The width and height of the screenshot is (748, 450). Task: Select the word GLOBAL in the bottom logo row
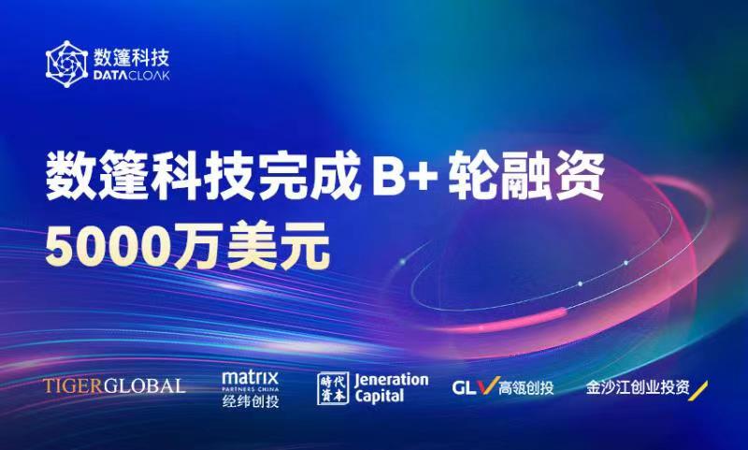point(147,385)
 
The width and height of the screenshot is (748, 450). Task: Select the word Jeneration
point(392,380)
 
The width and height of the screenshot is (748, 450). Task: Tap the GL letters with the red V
point(473,386)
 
